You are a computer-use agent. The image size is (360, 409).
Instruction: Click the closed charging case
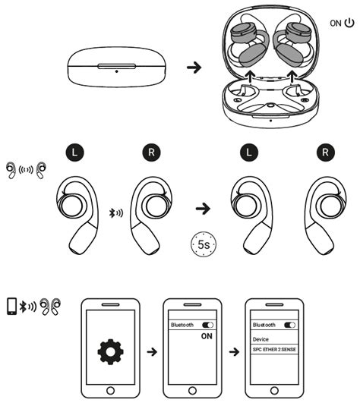tap(116, 68)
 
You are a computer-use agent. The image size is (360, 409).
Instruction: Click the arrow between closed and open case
tap(194, 68)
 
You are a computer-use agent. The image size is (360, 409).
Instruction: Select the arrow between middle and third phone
tap(235, 352)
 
